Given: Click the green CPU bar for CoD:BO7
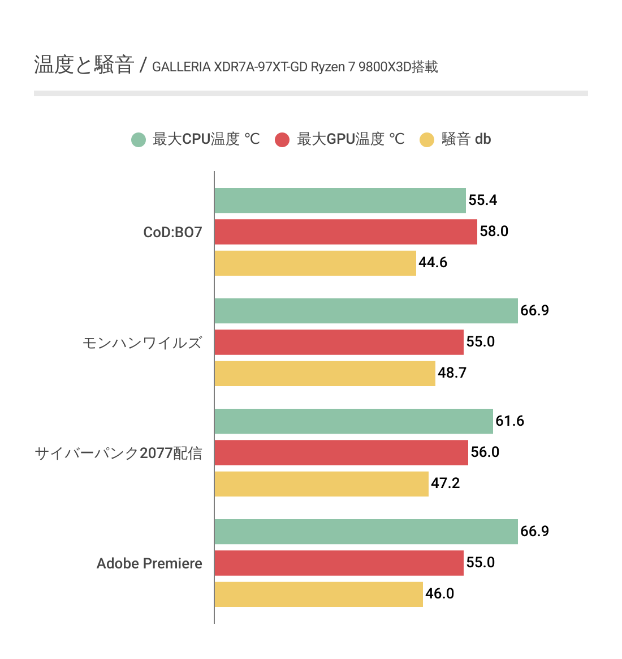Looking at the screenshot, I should click(x=340, y=200).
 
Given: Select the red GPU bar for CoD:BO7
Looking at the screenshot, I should click(x=345, y=232).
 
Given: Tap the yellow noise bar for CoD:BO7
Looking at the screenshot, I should click(x=315, y=263).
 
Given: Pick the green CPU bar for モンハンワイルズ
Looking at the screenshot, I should click(x=366, y=311).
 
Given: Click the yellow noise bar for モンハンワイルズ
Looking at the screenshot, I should click(x=325, y=373).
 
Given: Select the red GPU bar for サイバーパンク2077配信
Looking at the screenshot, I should click(x=341, y=452).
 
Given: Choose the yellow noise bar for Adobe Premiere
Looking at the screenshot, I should click(x=318, y=594).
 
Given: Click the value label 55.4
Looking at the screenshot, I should click(x=483, y=200).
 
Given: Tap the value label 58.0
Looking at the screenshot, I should click(x=494, y=232).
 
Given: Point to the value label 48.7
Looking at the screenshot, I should click(x=452, y=373).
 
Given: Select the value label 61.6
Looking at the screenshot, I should click(x=510, y=421).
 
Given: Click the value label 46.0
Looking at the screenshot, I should click(x=440, y=594).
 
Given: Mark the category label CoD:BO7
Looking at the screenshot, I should click(x=172, y=232).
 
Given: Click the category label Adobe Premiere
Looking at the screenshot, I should click(x=149, y=563).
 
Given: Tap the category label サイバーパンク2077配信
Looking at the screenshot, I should click(x=118, y=453).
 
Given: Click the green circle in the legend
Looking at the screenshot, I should click(x=139, y=139).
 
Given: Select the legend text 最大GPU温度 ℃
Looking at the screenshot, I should click(x=351, y=139).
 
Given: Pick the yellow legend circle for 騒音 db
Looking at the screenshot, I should click(x=427, y=139).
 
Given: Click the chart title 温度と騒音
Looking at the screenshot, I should click(x=84, y=65).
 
